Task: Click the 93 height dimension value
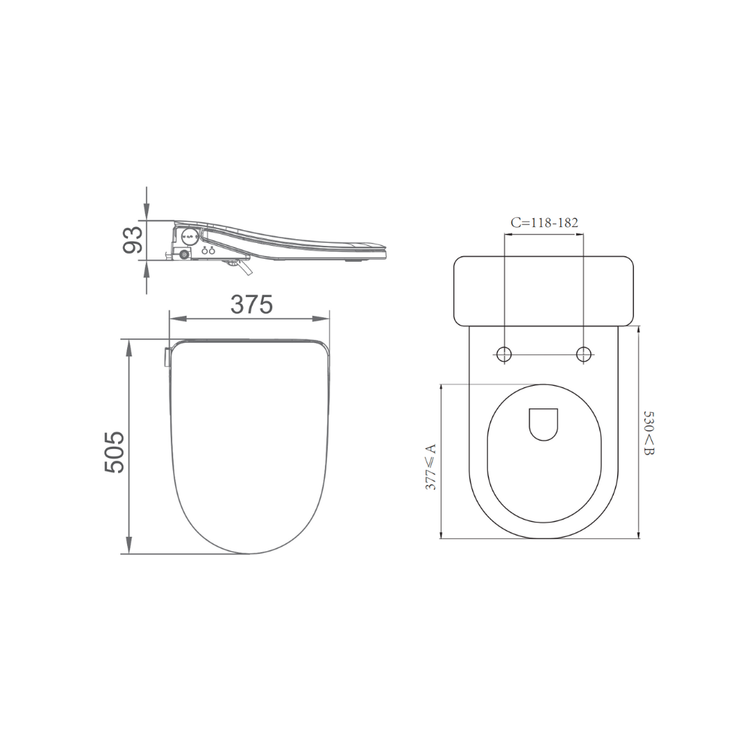click(x=133, y=240)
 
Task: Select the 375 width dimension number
click(x=251, y=305)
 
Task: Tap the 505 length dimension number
click(x=114, y=453)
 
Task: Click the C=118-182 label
click(x=544, y=223)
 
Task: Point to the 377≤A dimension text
click(x=431, y=467)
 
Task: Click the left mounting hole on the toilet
click(x=504, y=354)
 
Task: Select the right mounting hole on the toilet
click(x=584, y=354)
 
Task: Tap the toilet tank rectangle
click(x=544, y=291)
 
